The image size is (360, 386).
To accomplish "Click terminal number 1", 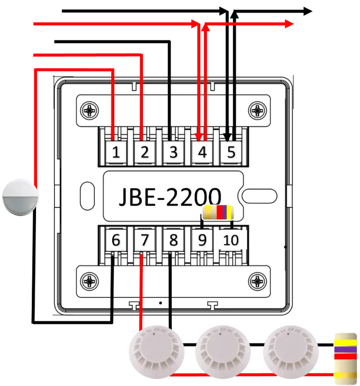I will tap(116, 153).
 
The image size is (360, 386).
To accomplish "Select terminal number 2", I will tap(145, 153).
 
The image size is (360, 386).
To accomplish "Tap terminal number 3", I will tap(173, 153).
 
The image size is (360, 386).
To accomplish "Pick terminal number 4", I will tap(202, 153).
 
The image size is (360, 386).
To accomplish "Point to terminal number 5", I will tap(231, 153).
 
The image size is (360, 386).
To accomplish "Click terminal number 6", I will tap(116, 240).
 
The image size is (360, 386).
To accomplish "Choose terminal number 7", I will tap(145, 240).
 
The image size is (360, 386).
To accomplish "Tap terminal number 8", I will tap(173, 240).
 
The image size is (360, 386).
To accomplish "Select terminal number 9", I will tap(202, 240).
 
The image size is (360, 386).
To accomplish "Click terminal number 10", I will tap(231, 240).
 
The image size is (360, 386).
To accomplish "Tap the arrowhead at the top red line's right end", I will tap(288, 24).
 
